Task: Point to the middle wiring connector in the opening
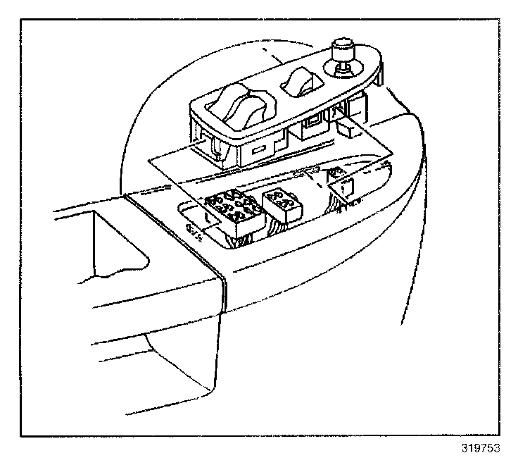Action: pos(281,204)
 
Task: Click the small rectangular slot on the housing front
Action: pos(258,150)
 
